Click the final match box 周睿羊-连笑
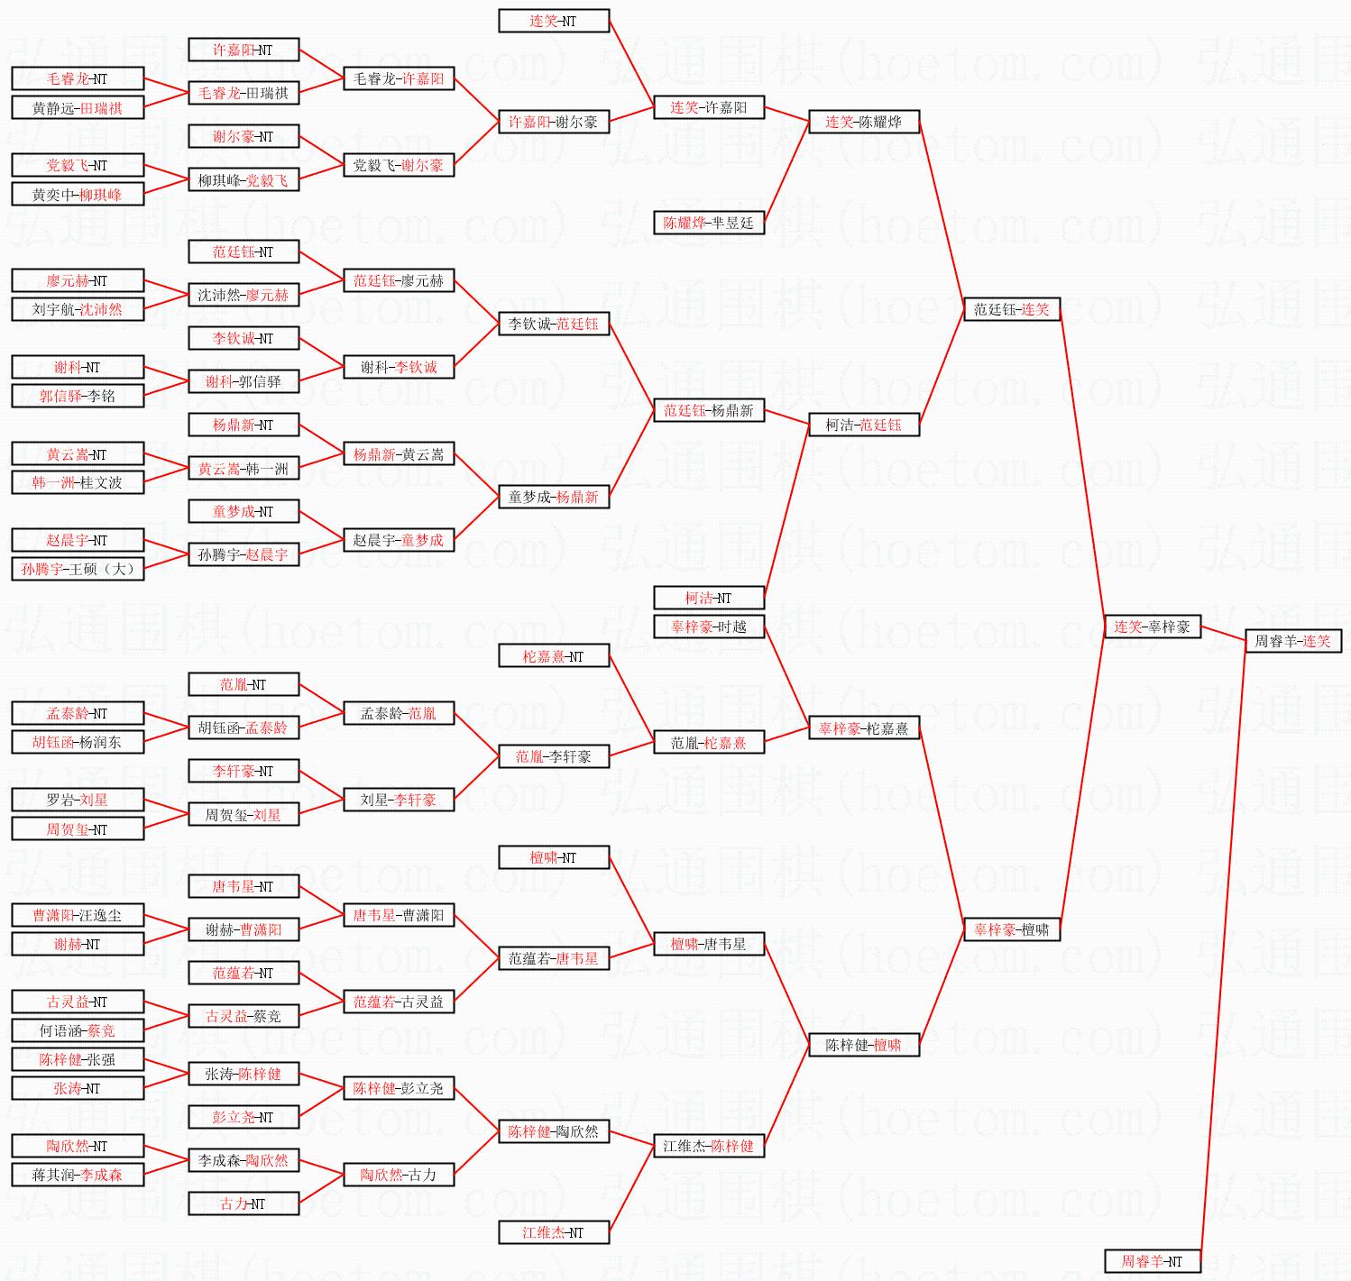[x=1292, y=641]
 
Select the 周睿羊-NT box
[x=1152, y=1261]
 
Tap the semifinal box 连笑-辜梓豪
[x=1152, y=627]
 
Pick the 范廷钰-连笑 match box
[x=1011, y=309]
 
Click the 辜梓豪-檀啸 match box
[x=1011, y=929]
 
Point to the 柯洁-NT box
[x=708, y=598]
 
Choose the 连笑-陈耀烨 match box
[x=863, y=122]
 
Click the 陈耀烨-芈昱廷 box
[x=708, y=223]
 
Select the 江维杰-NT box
[x=553, y=1232]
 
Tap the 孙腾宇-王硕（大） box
[x=77, y=569]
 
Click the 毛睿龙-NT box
[x=77, y=78]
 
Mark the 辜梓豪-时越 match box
[x=708, y=627]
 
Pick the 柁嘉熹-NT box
[x=553, y=656]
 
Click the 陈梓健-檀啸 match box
[x=863, y=1045]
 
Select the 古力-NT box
[x=243, y=1203]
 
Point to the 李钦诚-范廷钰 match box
[x=553, y=324]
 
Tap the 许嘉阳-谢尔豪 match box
[x=553, y=122]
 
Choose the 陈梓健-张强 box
[x=77, y=1059]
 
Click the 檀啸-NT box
[x=553, y=857]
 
